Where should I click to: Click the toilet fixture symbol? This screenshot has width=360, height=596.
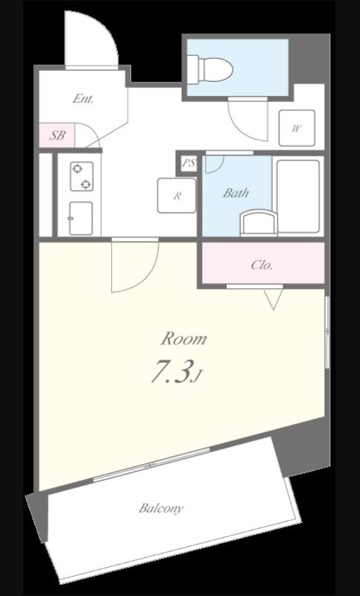point(210,69)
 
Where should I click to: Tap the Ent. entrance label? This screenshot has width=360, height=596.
point(83,100)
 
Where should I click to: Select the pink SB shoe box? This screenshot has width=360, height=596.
point(57,136)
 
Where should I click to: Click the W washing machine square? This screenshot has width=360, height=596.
point(297,128)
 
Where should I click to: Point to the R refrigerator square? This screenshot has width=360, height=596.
point(177,195)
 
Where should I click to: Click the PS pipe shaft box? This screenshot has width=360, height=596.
point(189,164)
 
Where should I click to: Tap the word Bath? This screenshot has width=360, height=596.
point(236,193)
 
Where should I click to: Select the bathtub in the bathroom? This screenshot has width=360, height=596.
point(298,196)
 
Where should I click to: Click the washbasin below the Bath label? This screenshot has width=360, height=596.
point(259,223)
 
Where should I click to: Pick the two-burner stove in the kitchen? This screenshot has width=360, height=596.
point(82,177)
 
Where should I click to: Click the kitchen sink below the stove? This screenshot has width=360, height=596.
point(80,218)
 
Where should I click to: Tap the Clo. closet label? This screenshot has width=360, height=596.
point(262,265)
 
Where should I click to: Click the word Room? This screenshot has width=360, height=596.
point(184,338)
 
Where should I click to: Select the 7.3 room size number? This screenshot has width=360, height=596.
point(170,371)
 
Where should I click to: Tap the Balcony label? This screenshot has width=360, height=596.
point(161,508)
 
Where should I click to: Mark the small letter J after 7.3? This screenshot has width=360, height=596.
point(196,378)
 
